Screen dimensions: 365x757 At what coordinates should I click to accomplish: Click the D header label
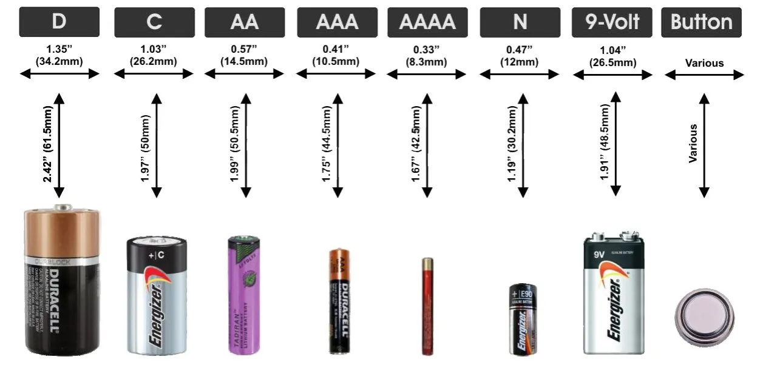pyautogui.click(x=59, y=22)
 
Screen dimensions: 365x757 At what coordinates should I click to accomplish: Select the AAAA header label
pyautogui.click(x=427, y=22)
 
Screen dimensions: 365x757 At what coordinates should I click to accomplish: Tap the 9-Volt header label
pyautogui.click(x=612, y=22)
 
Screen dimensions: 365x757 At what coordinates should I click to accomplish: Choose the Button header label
pyautogui.click(x=701, y=22)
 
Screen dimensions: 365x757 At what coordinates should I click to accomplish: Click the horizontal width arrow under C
pyautogui.click(x=154, y=74)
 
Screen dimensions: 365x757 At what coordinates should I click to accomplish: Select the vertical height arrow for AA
pyautogui.click(x=246, y=146)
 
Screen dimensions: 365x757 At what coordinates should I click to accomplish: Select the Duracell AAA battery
pyautogui.click(x=338, y=301)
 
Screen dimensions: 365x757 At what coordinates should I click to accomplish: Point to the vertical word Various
pyautogui.click(x=693, y=144)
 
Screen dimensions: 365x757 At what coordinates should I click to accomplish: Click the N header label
pyautogui.click(x=520, y=22)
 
